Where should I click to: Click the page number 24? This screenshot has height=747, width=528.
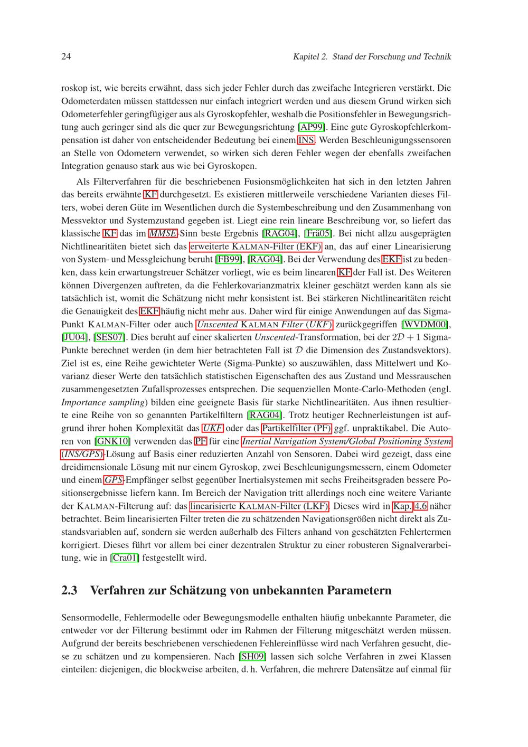pos(67,56)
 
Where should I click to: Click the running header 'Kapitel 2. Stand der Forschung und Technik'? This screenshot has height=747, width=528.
pos(372,56)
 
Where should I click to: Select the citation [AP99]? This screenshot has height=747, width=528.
pos(312,127)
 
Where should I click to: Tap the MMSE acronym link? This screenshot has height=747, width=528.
pos(162,233)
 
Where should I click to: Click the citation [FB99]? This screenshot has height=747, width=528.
pos(229,259)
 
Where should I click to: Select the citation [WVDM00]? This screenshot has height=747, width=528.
pos(426,325)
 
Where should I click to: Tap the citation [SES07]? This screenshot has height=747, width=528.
pos(111,337)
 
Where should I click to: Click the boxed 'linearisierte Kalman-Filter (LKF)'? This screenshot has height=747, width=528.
pos(259,506)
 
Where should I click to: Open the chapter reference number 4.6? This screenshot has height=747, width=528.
pos(420,506)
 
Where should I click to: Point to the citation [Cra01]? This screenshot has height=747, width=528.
pos(125,558)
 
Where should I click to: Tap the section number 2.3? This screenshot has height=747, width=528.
pos(70,590)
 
